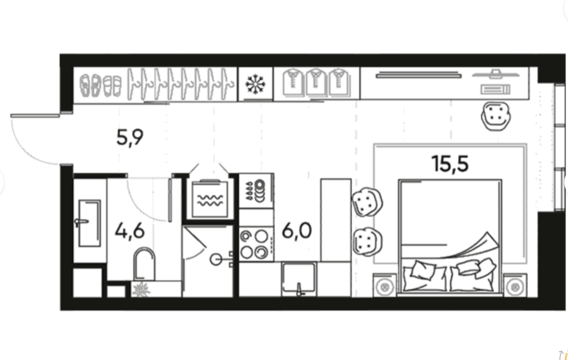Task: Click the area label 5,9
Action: point(129,137)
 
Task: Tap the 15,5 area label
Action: point(450,164)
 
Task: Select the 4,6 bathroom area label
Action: point(129,231)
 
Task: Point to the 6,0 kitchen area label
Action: point(297,231)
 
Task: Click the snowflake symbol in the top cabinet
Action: point(256,84)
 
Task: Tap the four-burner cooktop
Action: point(256,244)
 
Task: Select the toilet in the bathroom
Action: point(144,264)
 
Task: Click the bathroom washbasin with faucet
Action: point(88,223)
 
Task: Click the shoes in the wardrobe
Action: point(100,85)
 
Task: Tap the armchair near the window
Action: point(496,116)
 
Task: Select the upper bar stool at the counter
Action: point(367,202)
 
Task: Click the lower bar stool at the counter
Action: point(367,242)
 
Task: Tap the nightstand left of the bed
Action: point(385,285)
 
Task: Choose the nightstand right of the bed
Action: point(515,285)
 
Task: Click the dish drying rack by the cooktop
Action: point(256,191)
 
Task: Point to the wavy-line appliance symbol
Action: point(210,200)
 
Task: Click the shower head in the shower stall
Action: point(216,259)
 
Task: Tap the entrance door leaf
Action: point(35,116)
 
